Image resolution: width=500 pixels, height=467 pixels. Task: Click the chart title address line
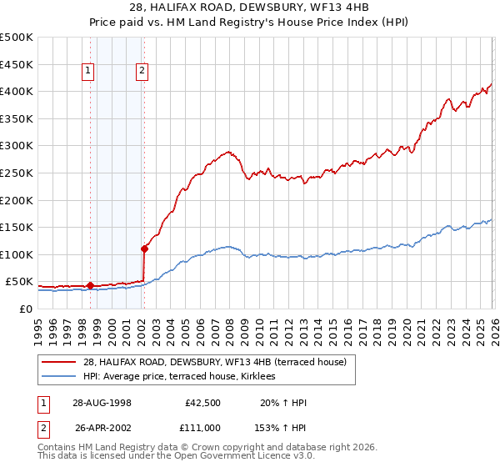click(x=250, y=8)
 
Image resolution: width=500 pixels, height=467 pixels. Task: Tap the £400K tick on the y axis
click(x=17, y=91)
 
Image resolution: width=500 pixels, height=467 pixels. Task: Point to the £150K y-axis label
click(x=17, y=227)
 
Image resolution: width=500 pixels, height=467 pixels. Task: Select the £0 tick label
click(x=25, y=309)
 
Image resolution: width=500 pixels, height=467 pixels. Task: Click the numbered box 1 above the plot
click(x=88, y=72)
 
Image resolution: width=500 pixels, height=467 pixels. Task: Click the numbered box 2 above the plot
click(x=142, y=72)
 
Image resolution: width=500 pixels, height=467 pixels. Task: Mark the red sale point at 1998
click(x=90, y=285)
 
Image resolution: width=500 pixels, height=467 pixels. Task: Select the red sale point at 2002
click(x=144, y=248)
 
